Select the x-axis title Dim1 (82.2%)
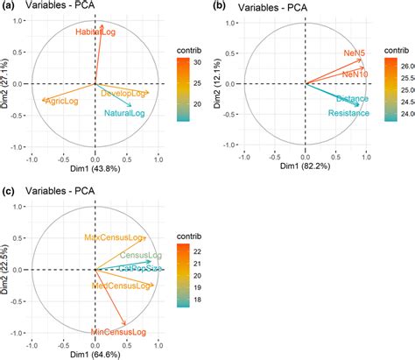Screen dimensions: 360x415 click(304, 173)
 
